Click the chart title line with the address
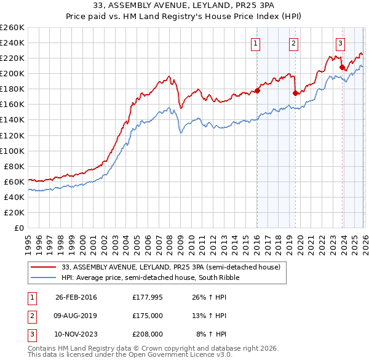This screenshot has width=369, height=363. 184,7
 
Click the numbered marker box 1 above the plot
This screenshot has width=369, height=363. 255,43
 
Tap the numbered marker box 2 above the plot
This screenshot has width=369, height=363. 294,43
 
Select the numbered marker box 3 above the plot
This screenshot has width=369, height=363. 340,43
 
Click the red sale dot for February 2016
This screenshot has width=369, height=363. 257,90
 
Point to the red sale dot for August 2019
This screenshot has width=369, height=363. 295,93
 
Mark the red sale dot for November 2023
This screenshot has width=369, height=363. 342,68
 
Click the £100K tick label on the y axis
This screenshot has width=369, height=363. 12,151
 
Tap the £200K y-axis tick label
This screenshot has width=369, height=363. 12,73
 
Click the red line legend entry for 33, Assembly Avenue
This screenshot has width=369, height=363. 171,267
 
